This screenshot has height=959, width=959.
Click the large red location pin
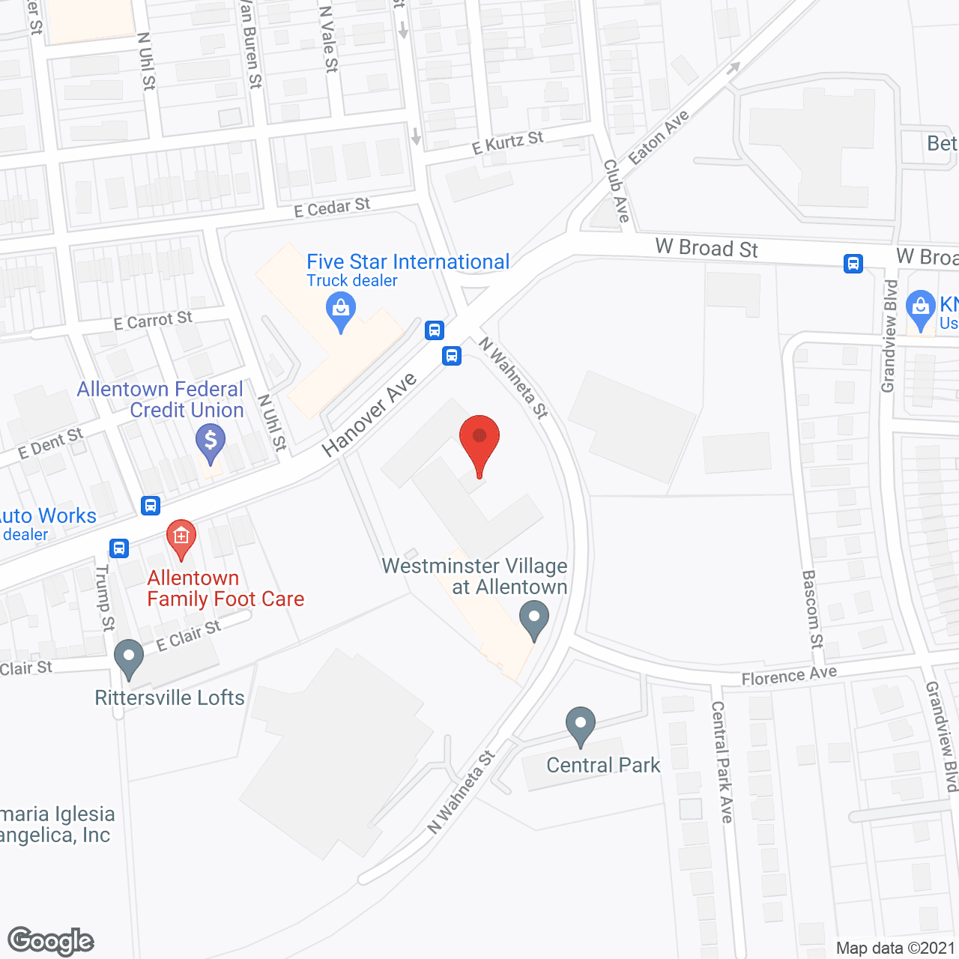[x=479, y=440]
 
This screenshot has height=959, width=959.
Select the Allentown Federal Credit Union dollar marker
[x=211, y=441]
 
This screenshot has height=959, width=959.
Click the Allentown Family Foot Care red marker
[x=181, y=537]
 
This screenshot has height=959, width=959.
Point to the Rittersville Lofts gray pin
[x=129, y=657]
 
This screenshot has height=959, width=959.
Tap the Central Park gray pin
[x=580, y=724]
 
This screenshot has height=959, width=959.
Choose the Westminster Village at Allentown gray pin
[x=533, y=620]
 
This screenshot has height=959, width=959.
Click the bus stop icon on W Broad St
[x=853, y=264]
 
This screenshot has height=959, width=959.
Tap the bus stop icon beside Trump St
[x=119, y=548]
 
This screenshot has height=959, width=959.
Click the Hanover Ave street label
[x=369, y=415]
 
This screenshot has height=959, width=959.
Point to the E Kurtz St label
[x=507, y=142]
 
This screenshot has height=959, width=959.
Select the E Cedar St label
[x=332, y=208]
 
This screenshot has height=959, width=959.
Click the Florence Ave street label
[x=789, y=676]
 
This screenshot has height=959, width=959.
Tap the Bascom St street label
[x=812, y=608]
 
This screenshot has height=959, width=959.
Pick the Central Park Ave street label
[x=722, y=762]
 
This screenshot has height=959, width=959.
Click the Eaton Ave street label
[x=659, y=137]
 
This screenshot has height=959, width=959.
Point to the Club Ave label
[x=617, y=191]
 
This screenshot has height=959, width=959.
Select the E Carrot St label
[x=153, y=321]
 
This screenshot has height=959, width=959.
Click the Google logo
[x=50, y=941]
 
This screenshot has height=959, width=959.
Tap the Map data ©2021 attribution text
[x=896, y=949]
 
